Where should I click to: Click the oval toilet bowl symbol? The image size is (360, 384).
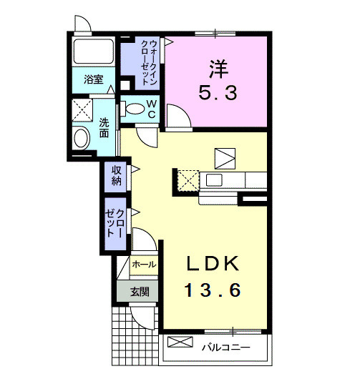[x=134, y=108]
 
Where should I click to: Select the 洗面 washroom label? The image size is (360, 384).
[x=104, y=128]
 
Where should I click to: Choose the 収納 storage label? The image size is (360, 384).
[x=115, y=176]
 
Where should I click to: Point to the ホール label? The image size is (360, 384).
[x=144, y=265]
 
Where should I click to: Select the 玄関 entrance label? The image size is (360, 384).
[x=140, y=291]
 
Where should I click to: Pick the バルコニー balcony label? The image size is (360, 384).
[x=225, y=348]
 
